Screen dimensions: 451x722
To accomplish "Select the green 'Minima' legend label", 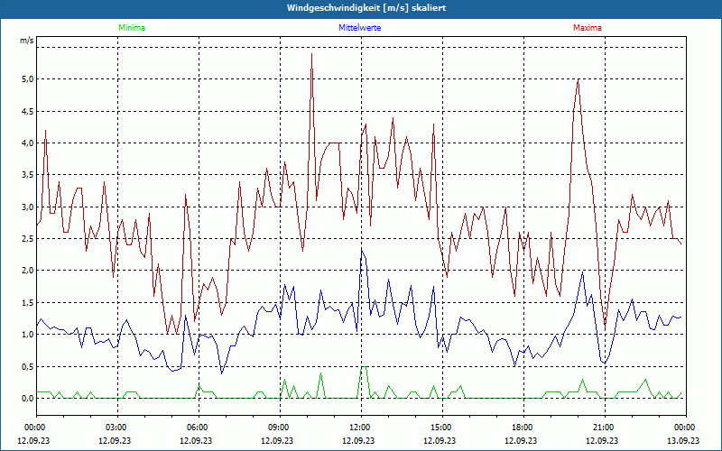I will point(131,28).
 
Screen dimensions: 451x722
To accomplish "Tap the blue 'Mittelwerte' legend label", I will point(359,28).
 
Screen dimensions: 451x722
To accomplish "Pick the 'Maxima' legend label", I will point(587,28).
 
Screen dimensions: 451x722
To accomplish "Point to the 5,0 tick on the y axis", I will point(26,79).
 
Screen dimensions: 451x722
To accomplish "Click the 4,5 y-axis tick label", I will point(26,111).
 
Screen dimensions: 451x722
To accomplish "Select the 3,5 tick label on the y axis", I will point(26,175).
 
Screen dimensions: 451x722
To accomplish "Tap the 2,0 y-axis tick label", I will point(26,271).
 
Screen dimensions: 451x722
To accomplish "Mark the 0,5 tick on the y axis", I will point(26,366).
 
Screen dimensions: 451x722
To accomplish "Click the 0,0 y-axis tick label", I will point(26,398).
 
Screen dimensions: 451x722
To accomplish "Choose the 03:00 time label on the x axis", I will point(116,428).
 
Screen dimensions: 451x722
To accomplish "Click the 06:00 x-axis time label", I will point(198,428).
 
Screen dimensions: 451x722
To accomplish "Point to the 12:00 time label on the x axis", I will point(360,428).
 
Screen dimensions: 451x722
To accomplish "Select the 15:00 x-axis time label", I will point(441,428).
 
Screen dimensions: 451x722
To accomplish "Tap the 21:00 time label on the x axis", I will point(604,428).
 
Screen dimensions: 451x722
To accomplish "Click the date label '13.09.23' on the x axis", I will point(683,441).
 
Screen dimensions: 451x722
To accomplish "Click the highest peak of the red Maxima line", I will point(311,54).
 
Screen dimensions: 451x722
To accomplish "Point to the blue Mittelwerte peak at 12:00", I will point(362,250).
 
